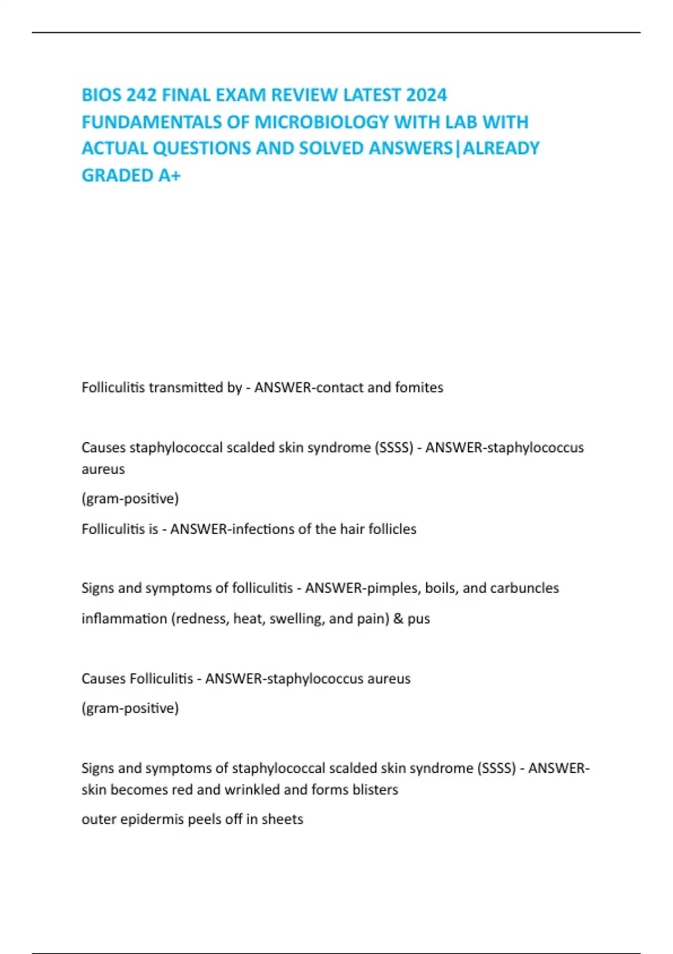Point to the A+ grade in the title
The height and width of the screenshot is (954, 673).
pos(169,176)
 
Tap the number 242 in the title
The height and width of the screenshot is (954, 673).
pos(141,95)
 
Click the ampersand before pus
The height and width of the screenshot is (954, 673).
pos(398,618)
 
